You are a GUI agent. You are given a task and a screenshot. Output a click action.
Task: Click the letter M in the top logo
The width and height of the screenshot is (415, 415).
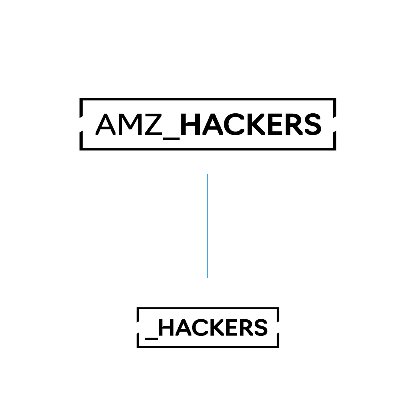(131, 124)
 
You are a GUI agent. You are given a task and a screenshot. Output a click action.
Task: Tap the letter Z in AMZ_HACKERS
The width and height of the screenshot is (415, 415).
(153, 124)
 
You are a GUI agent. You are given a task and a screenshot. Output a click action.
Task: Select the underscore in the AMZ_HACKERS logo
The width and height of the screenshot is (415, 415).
(171, 139)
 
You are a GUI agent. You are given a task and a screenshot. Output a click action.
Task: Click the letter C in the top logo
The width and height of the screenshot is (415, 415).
(234, 124)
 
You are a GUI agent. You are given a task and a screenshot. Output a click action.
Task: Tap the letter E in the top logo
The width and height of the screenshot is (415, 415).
(275, 124)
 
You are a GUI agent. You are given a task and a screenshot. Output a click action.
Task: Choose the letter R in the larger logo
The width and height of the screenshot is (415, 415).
(294, 124)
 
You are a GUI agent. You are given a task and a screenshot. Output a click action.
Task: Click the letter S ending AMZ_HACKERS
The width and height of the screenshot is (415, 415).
(313, 124)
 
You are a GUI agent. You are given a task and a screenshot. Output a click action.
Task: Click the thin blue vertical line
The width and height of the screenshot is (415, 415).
(208, 226)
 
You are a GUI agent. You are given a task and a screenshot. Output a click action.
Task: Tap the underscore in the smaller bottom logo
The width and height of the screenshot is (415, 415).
(151, 339)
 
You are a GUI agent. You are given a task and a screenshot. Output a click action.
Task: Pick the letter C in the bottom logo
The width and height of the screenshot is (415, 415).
(200, 327)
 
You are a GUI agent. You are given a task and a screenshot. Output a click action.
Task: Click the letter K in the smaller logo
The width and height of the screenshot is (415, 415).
(217, 327)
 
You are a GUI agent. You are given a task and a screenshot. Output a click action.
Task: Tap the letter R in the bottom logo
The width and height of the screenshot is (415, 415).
(247, 327)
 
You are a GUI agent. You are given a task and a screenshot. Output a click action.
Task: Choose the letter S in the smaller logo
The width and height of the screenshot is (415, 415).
(261, 327)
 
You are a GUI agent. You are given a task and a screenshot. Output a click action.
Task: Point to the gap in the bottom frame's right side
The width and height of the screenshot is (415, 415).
(278, 327)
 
